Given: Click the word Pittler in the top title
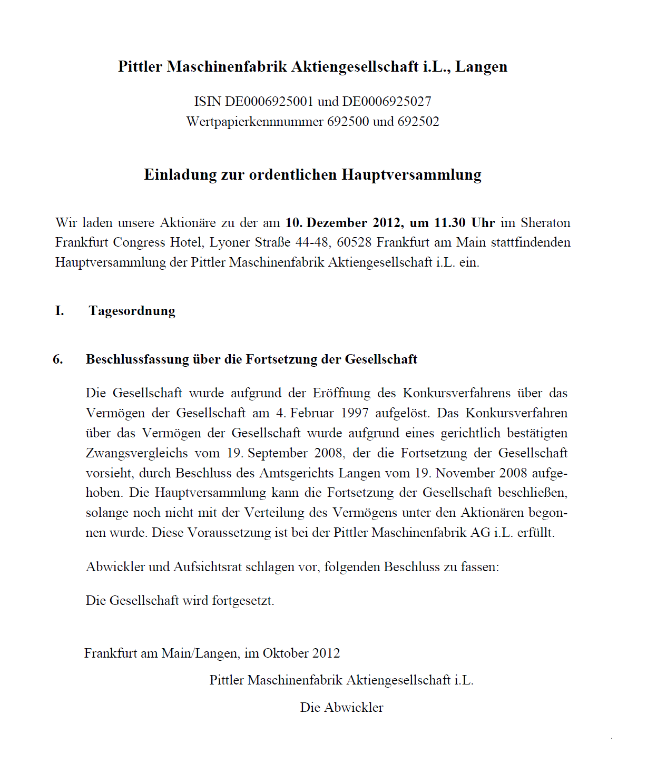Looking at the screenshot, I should click(140, 67).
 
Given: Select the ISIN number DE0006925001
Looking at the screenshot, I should click(269, 101).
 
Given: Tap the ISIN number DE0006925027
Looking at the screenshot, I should click(387, 101).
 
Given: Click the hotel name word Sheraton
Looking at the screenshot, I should click(545, 223).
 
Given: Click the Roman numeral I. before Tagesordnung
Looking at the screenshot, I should click(60, 311).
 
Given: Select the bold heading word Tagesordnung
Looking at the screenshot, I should click(132, 311).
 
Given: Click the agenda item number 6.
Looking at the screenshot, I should click(58, 359).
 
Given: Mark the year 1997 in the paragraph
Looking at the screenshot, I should click(355, 413).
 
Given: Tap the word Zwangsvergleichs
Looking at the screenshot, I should click(137, 453).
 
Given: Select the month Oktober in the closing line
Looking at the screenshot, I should click(286, 653).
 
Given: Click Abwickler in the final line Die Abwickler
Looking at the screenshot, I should click(354, 708).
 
